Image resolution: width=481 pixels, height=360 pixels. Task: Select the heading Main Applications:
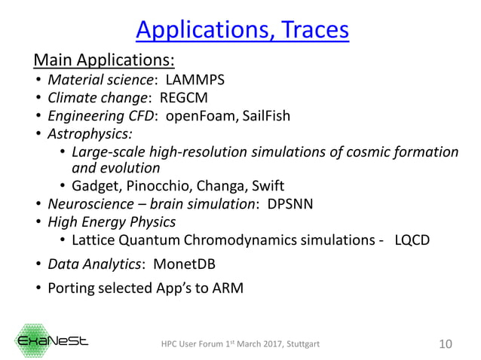coord(104,59)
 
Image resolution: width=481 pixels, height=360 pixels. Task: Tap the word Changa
coord(218,186)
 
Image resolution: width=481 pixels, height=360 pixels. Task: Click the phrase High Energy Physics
coord(112,222)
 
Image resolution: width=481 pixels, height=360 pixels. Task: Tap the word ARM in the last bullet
coord(226,288)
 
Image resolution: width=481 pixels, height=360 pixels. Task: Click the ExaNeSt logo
coord(53,340)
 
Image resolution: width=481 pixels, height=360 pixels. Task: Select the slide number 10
coord(445,344)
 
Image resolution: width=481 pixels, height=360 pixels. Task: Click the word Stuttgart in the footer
coord(302,345)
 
